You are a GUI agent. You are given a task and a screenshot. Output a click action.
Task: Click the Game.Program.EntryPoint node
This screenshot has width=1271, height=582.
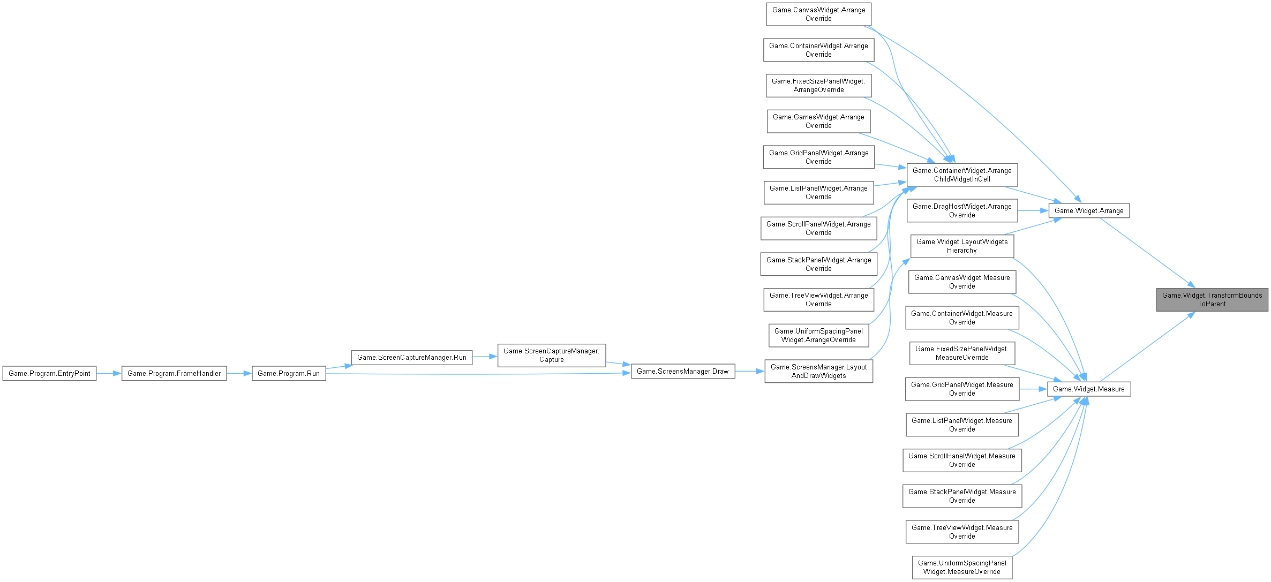click(49, 373)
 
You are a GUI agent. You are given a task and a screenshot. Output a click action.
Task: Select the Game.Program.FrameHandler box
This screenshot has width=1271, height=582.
click(174, 373)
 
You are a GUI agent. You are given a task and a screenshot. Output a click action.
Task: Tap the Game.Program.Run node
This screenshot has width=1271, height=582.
click(289, 373)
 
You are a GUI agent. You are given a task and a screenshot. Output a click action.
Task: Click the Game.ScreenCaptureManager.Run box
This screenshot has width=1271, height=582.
click(411, 357)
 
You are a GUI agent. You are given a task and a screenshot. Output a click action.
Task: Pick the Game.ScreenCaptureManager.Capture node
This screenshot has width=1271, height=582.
click(552, 355)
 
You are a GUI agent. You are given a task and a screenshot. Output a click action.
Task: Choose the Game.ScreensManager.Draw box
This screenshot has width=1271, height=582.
click(682, 371)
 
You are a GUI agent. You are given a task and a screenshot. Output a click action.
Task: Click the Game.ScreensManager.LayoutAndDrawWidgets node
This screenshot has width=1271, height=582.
click(818, 371)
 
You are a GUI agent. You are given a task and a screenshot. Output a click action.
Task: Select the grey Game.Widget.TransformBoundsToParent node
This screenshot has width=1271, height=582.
click(1212, 299)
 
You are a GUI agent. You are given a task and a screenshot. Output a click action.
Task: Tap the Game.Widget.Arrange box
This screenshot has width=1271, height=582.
click(1089, 210)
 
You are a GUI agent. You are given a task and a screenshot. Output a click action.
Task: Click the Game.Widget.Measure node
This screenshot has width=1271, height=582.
click(1089, 389)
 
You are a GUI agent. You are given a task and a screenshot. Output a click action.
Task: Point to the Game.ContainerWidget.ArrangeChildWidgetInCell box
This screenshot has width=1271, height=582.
click(962, 175)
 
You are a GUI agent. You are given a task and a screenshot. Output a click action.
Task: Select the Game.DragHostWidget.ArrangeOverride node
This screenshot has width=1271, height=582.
click(962, 210)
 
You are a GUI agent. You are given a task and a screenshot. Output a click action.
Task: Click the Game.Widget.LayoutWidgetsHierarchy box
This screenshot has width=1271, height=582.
click(962, 246)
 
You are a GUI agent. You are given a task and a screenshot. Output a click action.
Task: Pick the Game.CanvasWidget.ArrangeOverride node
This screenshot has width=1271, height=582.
click(818, 14)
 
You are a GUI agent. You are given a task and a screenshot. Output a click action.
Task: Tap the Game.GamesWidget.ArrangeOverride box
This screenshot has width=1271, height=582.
click(818, 121)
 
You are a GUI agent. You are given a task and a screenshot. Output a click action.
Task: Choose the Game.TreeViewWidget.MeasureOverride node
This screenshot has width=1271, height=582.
click(962, 532)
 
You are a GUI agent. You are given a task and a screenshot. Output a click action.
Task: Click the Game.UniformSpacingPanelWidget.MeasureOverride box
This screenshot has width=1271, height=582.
click(962, 567)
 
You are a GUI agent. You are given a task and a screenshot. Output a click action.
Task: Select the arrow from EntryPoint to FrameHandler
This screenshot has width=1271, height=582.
click(109, 373)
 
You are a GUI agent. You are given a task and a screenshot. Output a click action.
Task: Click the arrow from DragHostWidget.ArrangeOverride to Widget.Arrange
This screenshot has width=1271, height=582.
click(1033, 210)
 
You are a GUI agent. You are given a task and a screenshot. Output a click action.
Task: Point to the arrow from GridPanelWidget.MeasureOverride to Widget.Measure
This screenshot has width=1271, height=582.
click(1033, 389)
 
